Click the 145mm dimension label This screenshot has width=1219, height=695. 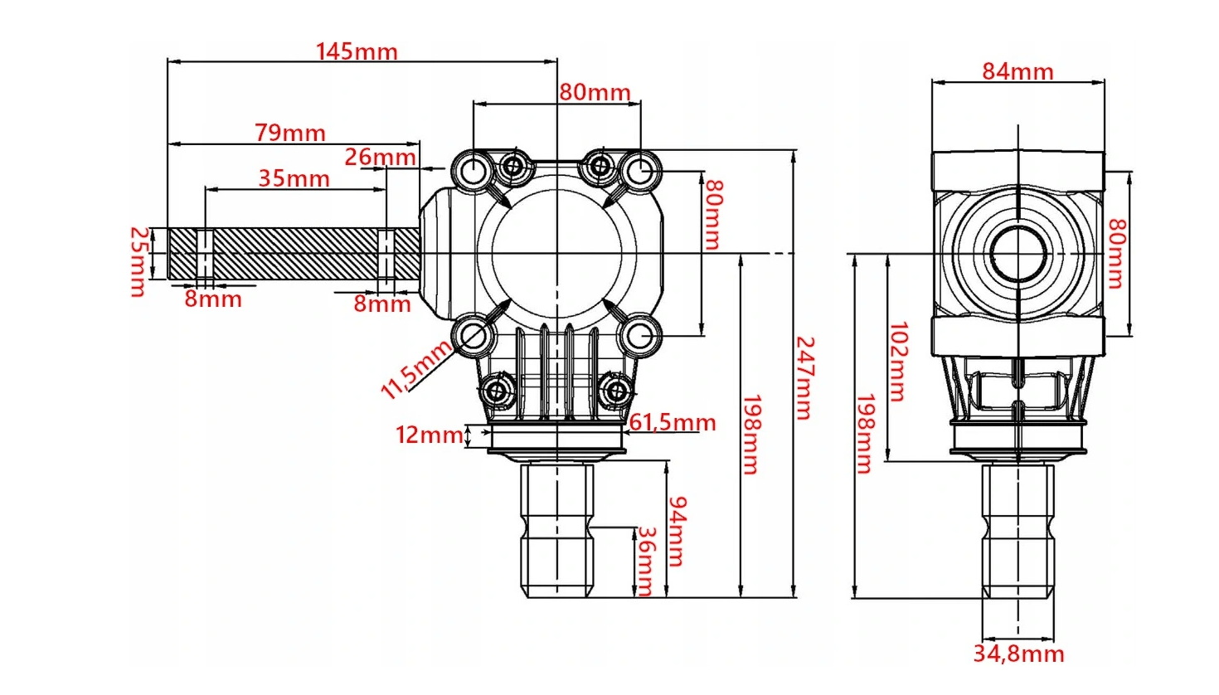tap(357, 52)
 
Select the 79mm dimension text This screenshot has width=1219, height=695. tap(290, 134)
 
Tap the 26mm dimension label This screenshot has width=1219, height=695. tap(381, 158)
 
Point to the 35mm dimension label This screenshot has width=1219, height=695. tap(294, 179)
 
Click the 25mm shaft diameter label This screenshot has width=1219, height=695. tap(139, 262)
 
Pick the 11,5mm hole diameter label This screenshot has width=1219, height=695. tap(415, 370)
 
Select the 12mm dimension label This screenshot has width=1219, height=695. tap(430, 435)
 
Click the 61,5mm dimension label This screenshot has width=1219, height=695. tap(672, 423)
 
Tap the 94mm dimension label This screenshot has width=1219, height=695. tap(677, 532)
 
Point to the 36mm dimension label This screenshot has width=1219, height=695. tap(645, 561)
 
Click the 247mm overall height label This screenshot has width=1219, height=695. tap(805, 378)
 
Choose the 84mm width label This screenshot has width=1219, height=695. tap(1017, 72)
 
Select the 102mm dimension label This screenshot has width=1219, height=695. tap(898, 362)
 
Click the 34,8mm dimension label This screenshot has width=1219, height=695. tap(1018, 654)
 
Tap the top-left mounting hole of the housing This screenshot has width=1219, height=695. tap(474, 170)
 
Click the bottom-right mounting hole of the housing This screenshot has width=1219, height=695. tap(640, 336)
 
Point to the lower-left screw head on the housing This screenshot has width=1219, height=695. tap(496, 391)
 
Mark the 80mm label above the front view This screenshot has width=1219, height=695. tap(595, 93)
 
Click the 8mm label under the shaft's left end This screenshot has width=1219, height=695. tap(213, 299)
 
